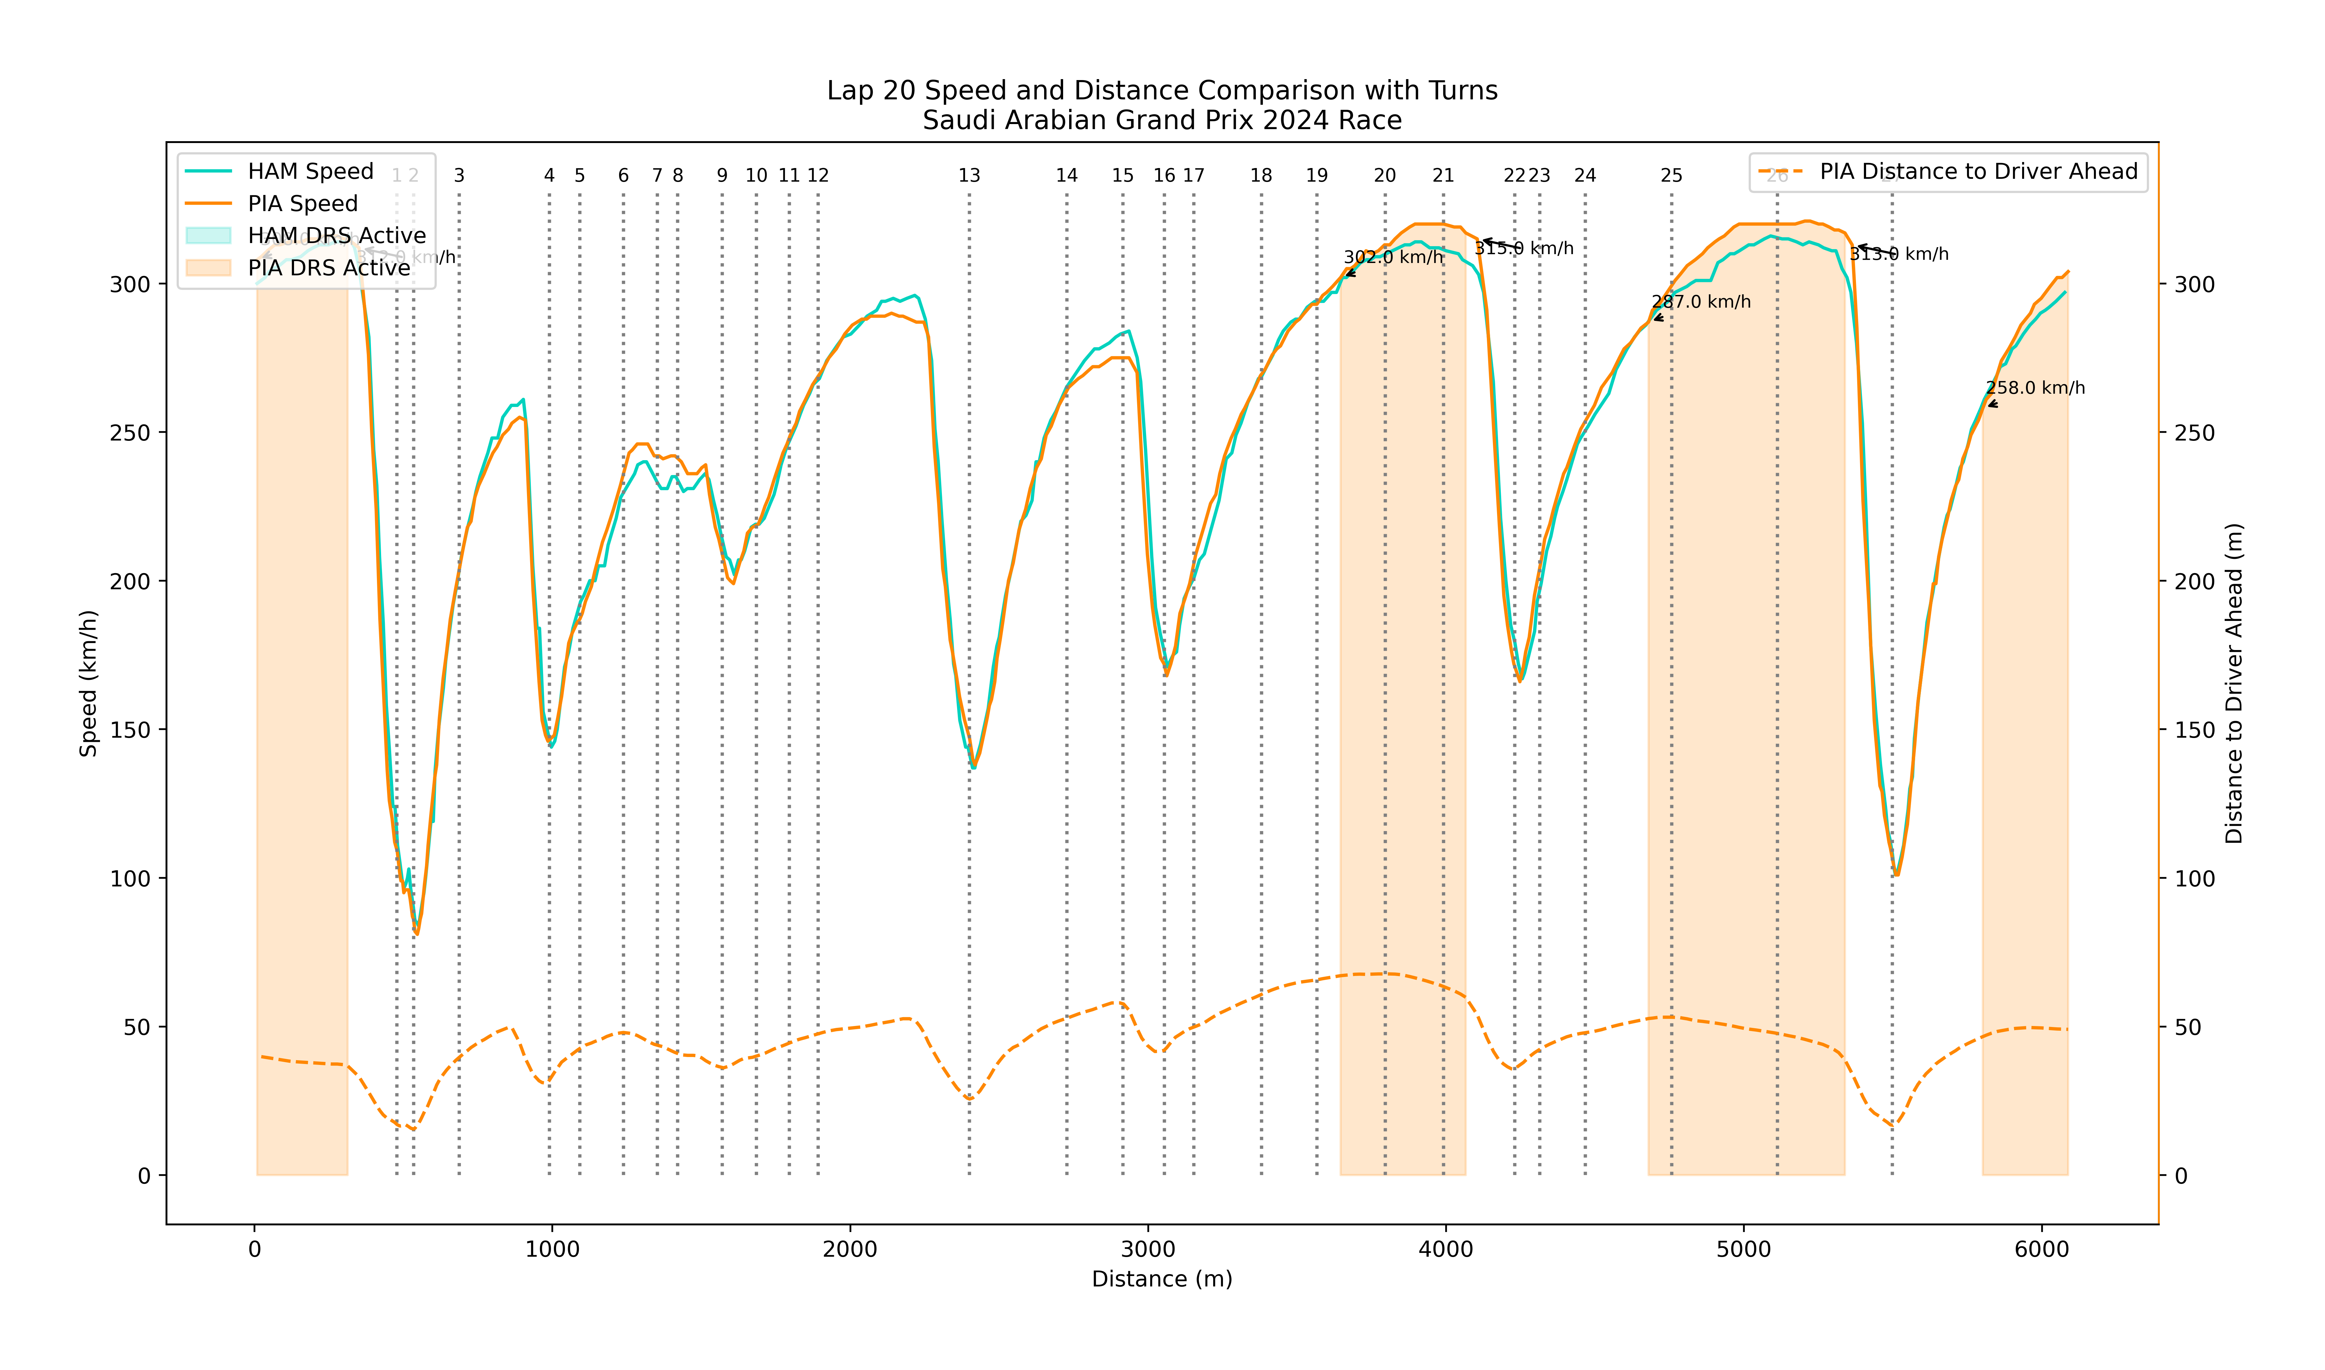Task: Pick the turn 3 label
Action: point(459,175)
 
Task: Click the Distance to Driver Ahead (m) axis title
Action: point(2234,683)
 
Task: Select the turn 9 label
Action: point(722,175)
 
